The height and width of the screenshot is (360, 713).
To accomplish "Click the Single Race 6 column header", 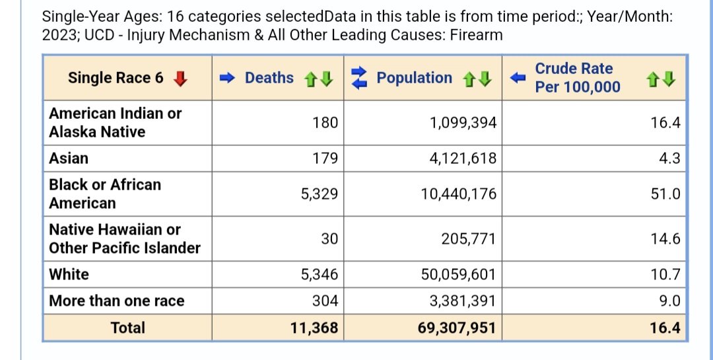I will pyautogui.click(x=116, y=78).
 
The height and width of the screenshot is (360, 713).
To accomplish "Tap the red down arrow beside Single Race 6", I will pyautogui.click(x=180, y=79).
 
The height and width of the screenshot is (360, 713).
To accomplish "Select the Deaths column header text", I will pyautogui.click(x=269, y=78).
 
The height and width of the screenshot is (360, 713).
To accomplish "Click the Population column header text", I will pyautogui.click(x=415, y=78).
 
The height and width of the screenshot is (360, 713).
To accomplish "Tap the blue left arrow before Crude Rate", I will pyautogui.click(x=518, y=78).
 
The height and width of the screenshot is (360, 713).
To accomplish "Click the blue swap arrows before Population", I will pyautogui.click(x=359, y=78).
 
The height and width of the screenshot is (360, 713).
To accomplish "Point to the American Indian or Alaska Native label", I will pyautogui.click(x=116, y=122).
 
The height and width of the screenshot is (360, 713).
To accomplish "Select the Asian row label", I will pyautogui.click(x=69, y=159).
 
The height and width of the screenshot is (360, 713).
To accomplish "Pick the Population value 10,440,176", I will pyautogui.click(x=459, y=194).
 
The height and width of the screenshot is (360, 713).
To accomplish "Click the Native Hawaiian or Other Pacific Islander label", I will pyautogui.click(x=125, y=239).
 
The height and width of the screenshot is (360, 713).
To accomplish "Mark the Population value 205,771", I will pyautogui.click(x=469, y=239).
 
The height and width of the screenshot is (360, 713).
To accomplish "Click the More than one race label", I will pyautogui.click(x=117, y=301).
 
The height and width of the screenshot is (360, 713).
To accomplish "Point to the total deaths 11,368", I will pyautogui.click(x=314, y=328).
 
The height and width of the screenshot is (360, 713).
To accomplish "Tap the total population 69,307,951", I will pyautogui.click(x=457, y=328).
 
